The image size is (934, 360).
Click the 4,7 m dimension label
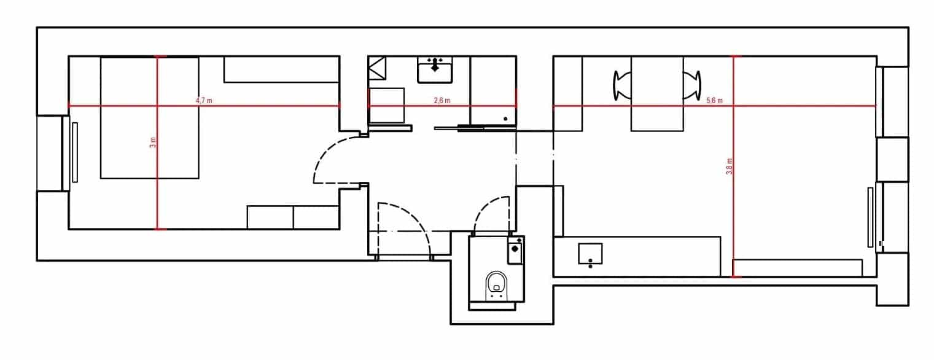[x=204, y=101]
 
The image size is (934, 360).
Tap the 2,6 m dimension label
[x=442, y=101]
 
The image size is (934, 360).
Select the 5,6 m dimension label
[x=714, y=101]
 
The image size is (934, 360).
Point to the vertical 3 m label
[x=153, y=143]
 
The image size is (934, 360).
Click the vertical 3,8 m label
[x=730, y=166]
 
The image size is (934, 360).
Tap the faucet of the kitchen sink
[x=435, y=65]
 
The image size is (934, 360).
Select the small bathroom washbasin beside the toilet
[x=515, y=250]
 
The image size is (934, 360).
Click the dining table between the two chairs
[x=657, y=93]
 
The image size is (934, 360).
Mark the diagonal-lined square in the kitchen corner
[x=377, y=68]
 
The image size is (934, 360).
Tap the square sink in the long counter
[x=590, y=254]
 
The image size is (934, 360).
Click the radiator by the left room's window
[x=75, y=152]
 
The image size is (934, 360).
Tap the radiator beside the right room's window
[x=870, y=217]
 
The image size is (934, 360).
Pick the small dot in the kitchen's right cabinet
[x=505, y=119]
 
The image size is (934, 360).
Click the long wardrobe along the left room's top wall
[x=281, y=69]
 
